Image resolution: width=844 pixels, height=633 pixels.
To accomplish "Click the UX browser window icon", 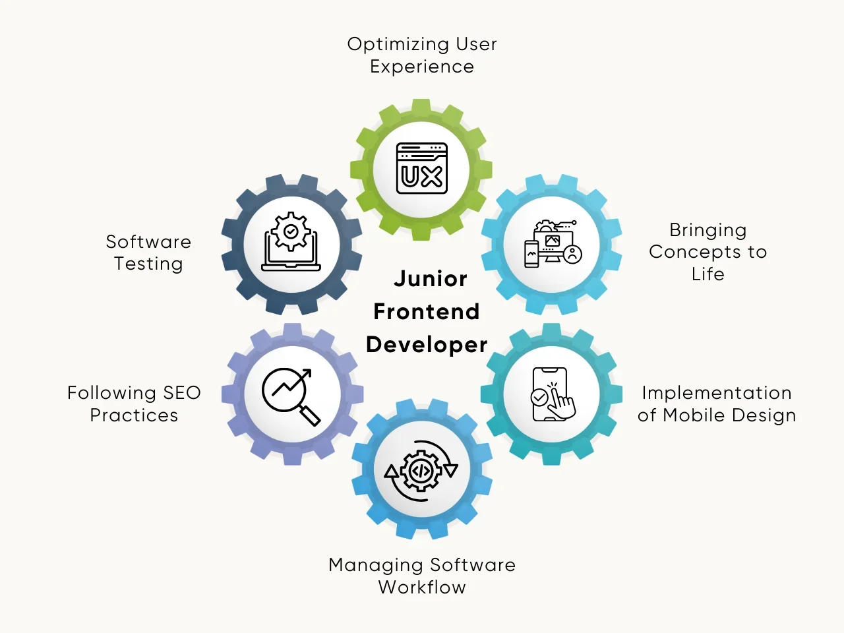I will click(x=422, y=169).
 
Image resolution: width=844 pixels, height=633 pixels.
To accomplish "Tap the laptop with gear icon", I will click(x=291, y=242).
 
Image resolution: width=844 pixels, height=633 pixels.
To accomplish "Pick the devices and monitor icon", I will click(x=553, y=243).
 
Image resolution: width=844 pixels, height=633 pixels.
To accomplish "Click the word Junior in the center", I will click(x=431, y=279).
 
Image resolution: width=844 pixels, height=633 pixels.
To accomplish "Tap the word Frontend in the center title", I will click(x=427, y=312).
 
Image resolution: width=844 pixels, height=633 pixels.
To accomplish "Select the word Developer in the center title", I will click(x=427, y=345).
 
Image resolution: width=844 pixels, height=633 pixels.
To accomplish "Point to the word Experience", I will click(x=422, y=67).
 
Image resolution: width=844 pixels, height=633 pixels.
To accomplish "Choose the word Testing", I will click(x=148, y=264).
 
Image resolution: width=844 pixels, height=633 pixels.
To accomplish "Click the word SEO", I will click(x=181, y=393).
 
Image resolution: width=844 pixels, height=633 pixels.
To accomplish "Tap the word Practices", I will click(x=134, y=415).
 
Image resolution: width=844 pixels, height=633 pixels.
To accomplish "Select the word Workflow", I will click(x=422, y=588).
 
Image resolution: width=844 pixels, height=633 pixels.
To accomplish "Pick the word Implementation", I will click(x=717, y=393).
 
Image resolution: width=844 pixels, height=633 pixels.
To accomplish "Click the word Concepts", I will click(x=695, y=252).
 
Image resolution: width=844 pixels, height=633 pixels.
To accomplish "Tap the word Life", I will click(x=708, y=274).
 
